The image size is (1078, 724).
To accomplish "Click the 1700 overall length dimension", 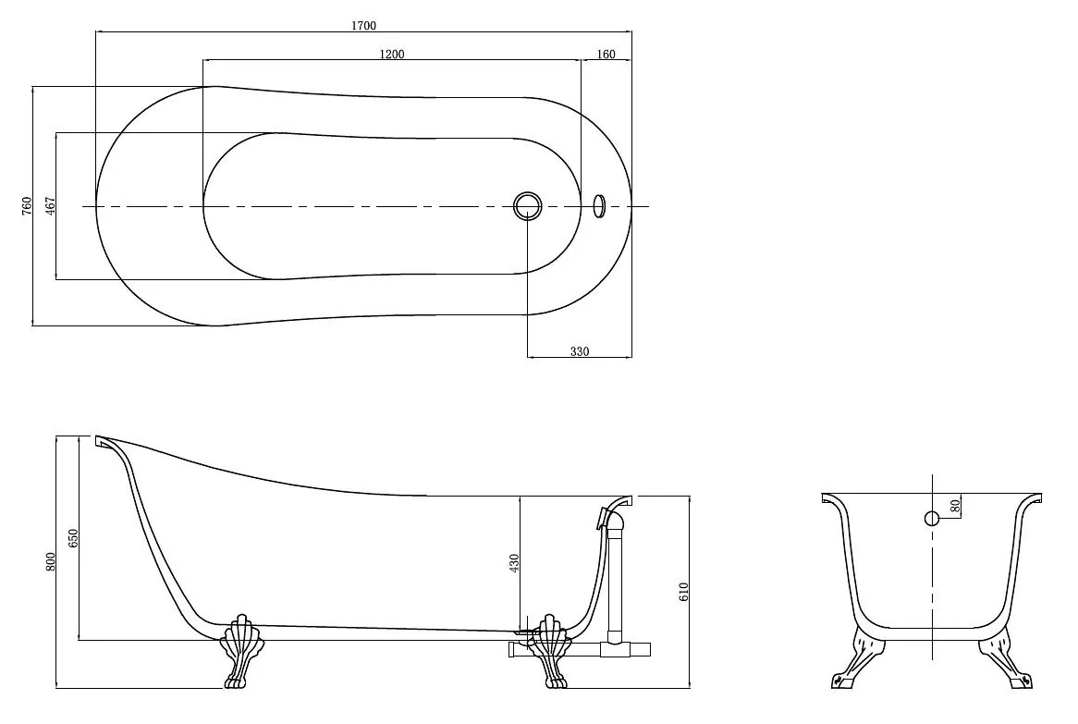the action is (x=363, y=26).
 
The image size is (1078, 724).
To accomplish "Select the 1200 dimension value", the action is (x=392, y=55).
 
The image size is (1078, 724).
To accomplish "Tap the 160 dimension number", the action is (x=606, y=55).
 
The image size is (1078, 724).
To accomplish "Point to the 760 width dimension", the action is (x=27, y=205).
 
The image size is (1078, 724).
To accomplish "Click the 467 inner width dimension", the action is (x=50, y=205).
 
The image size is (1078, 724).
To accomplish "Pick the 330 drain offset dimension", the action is (x=580, y=351).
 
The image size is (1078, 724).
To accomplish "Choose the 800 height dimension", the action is (x=50, y=561).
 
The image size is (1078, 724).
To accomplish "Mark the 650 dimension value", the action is (x=74, y=537).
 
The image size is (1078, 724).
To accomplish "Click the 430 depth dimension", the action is (x=514, y=562).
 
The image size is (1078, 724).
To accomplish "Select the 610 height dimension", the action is (x=682, y=591).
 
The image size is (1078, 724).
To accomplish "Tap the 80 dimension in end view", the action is (x=954, y=506).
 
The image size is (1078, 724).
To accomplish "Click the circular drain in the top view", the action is (x=527, y=205).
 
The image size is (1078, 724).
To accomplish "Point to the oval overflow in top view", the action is (x=599, y=205).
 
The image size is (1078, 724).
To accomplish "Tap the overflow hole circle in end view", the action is (x=932, y=518).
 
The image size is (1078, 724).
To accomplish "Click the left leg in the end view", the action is (x=854, y=656).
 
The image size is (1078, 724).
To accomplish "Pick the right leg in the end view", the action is (x=1005, y=656).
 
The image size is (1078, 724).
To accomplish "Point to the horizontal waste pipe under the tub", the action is (x=580, y=649).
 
